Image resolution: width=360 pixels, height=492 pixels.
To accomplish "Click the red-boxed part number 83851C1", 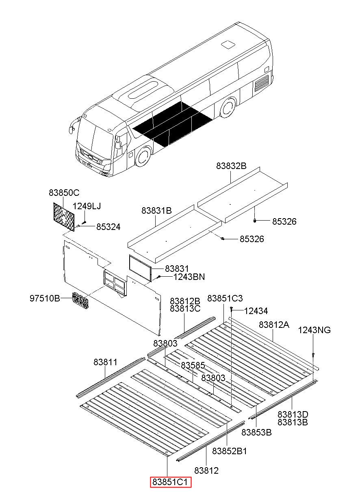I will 170,482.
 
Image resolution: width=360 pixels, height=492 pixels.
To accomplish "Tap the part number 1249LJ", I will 87,206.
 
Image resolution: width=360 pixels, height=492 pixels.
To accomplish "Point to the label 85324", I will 108,227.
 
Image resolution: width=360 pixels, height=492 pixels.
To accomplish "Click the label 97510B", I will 45,299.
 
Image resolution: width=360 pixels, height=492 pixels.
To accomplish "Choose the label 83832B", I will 231,166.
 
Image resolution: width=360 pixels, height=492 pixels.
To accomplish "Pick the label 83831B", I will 156,210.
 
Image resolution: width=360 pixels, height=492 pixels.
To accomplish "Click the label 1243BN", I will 189,277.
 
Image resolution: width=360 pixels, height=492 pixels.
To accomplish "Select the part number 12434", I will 256,311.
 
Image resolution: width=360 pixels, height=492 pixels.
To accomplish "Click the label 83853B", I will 256,432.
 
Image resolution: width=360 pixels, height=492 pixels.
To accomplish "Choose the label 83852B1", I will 230,451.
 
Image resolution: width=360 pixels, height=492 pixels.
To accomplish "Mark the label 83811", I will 105,362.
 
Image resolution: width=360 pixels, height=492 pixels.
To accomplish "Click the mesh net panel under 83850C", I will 64,216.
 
